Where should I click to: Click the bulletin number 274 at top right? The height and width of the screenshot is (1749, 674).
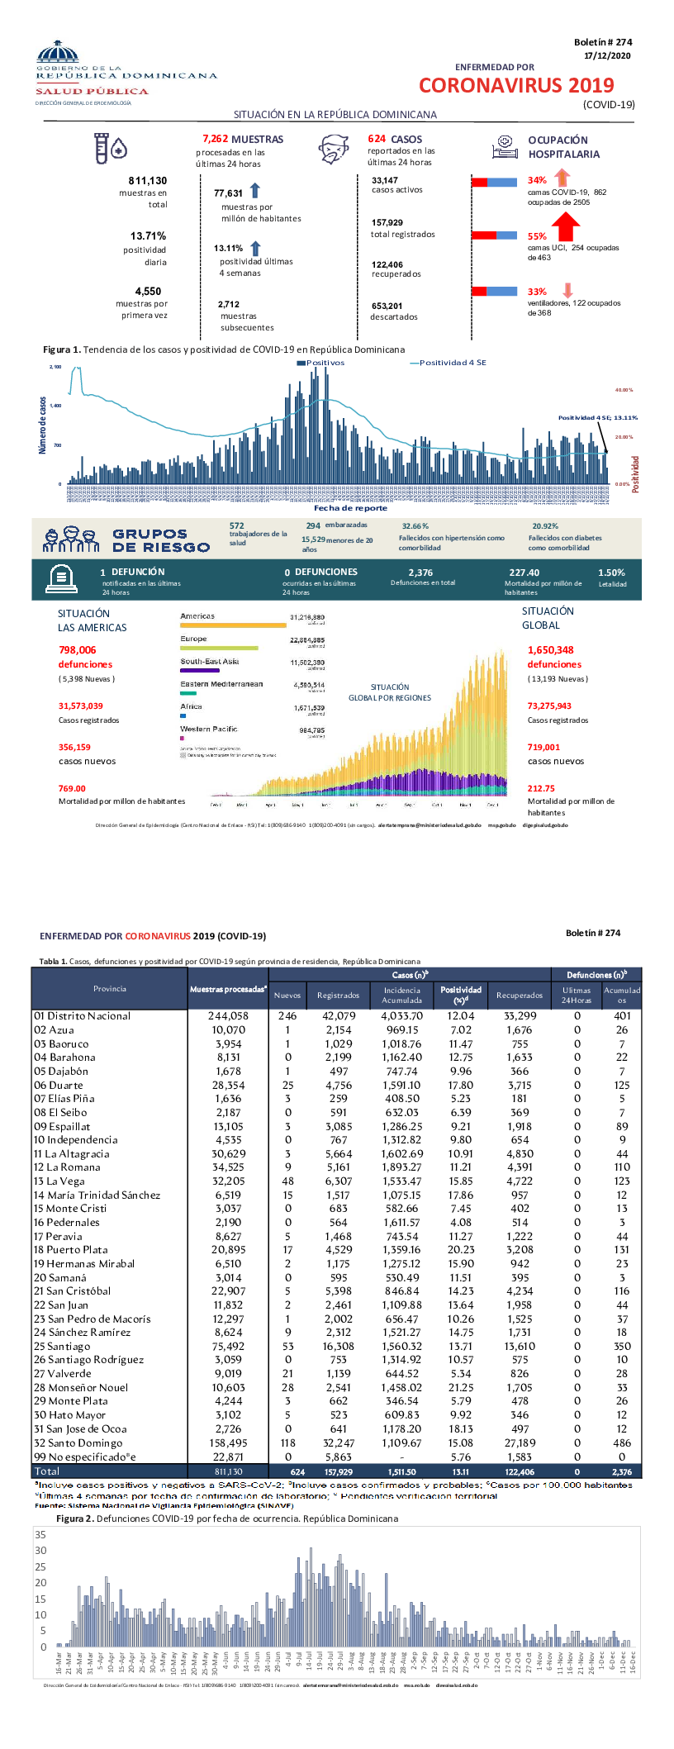pyautogui.click(x=603, y=42)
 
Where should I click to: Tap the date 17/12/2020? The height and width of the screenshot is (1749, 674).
pyautogui.click(x=607, y=55)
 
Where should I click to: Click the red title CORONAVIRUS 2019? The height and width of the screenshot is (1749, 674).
pyautogui.click(x=516, y=85)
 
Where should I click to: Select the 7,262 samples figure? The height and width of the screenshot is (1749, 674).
pyautogui.click(x=215, y=140)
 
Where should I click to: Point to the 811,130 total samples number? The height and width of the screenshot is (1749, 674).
pyautogui.click(x=147, y=180)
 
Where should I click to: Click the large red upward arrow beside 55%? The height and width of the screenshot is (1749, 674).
pyautogui.click(x=565, y=226)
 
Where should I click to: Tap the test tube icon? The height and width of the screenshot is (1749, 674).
pyautogui.click(x=102, y=148)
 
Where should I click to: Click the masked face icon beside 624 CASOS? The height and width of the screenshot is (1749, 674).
pyautogui.click(x=335, y=150)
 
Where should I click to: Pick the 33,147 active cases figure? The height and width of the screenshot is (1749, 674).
pyautogui.click(x=384, y=180)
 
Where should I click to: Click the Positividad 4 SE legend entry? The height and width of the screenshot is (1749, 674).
pyautogui.click(x=451, y=363)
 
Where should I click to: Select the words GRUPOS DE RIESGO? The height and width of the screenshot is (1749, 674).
pyautogui.click(x=161, y=540)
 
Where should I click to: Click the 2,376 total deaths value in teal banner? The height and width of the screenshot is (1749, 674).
pyautogui.click(x=420, y=572)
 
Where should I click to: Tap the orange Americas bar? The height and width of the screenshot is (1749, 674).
pyautogui.click(x=233, y=625)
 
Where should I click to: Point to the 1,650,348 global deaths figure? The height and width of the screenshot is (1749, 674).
pyautogui.click(x=550, y=650)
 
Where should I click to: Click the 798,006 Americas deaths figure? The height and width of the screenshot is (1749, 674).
pyautogui.click(x=77, y=650)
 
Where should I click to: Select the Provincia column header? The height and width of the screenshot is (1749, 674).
pyautogui.click(x=110, y=989)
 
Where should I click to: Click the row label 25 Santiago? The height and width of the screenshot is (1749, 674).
pyautogui.click(x=62, y=1346)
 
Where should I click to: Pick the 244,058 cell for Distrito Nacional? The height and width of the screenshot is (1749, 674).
pyautogui.click(x=228, y=1016)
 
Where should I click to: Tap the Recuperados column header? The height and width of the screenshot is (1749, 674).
pyautogui.click(x=520, y=995)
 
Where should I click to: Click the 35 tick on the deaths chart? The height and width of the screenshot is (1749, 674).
pyautogui.click(x=40, y=1534)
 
